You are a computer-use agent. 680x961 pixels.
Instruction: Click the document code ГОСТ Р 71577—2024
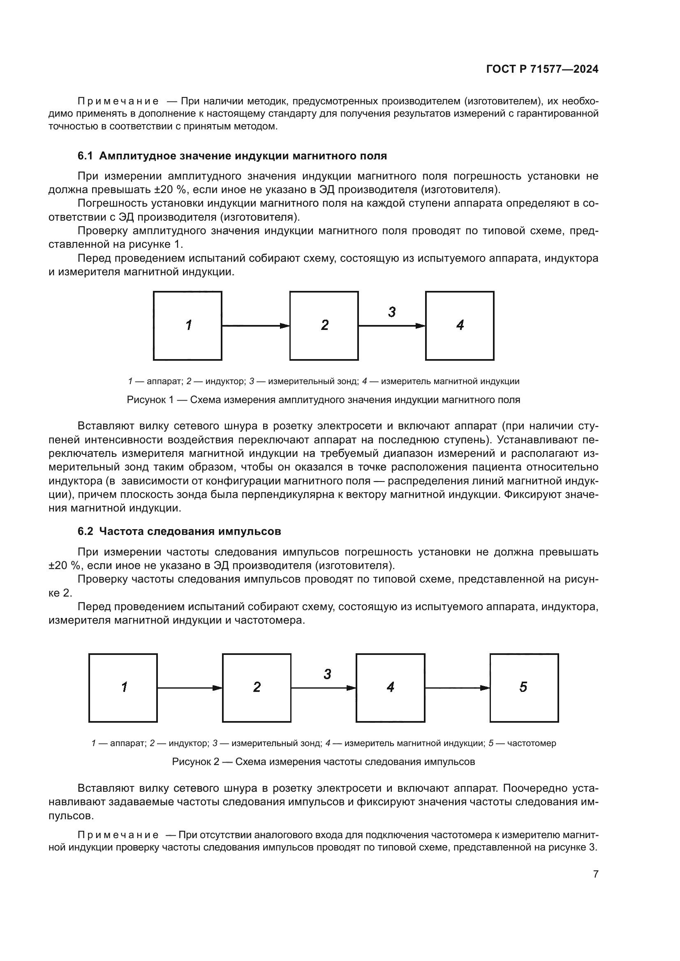coord(542,69)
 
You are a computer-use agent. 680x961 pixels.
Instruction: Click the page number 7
coord(595,874)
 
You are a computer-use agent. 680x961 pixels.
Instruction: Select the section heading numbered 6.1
coord(232,156)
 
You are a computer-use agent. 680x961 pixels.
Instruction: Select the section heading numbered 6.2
coord(179,531)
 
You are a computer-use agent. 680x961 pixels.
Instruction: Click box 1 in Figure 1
coord(187,325)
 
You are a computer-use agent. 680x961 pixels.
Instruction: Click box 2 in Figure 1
coord(324,325)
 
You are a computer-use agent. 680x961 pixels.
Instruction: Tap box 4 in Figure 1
coord(459,325)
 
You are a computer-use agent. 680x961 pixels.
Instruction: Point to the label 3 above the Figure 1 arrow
coord(391,312)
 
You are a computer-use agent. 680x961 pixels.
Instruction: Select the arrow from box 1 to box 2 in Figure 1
coord(255,326)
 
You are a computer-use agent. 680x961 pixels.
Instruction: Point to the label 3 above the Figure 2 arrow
coord(327,674)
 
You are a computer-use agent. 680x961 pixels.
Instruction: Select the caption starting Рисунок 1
coord(323,400)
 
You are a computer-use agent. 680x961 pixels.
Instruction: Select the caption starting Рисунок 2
coord(323,762)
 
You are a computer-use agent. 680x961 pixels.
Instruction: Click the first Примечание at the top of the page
coord(118,101)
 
